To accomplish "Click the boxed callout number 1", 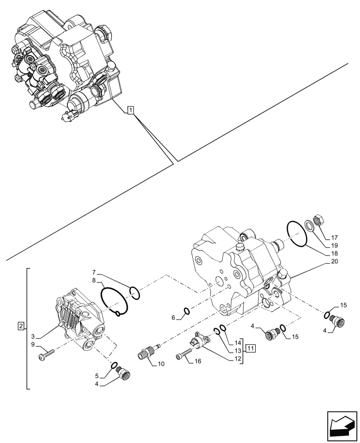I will (x=130, y=110).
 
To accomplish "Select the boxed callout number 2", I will (x=20, y=326).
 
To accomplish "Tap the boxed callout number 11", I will (x=251, y=348).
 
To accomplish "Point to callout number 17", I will (x=334, y=237).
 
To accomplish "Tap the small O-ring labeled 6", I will (x=187, y=311).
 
